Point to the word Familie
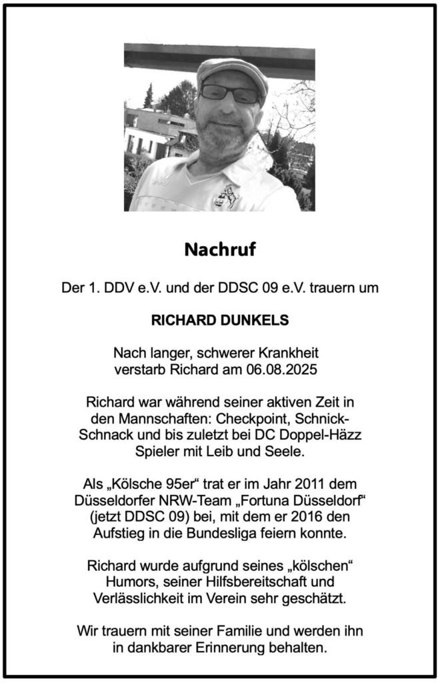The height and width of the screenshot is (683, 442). point(237,630)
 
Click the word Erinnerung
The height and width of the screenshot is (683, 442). point(239,647)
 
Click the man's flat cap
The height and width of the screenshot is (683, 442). point(232,70)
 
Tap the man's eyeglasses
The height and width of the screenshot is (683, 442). point(229,93)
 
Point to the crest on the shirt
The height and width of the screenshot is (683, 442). point(225,196)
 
